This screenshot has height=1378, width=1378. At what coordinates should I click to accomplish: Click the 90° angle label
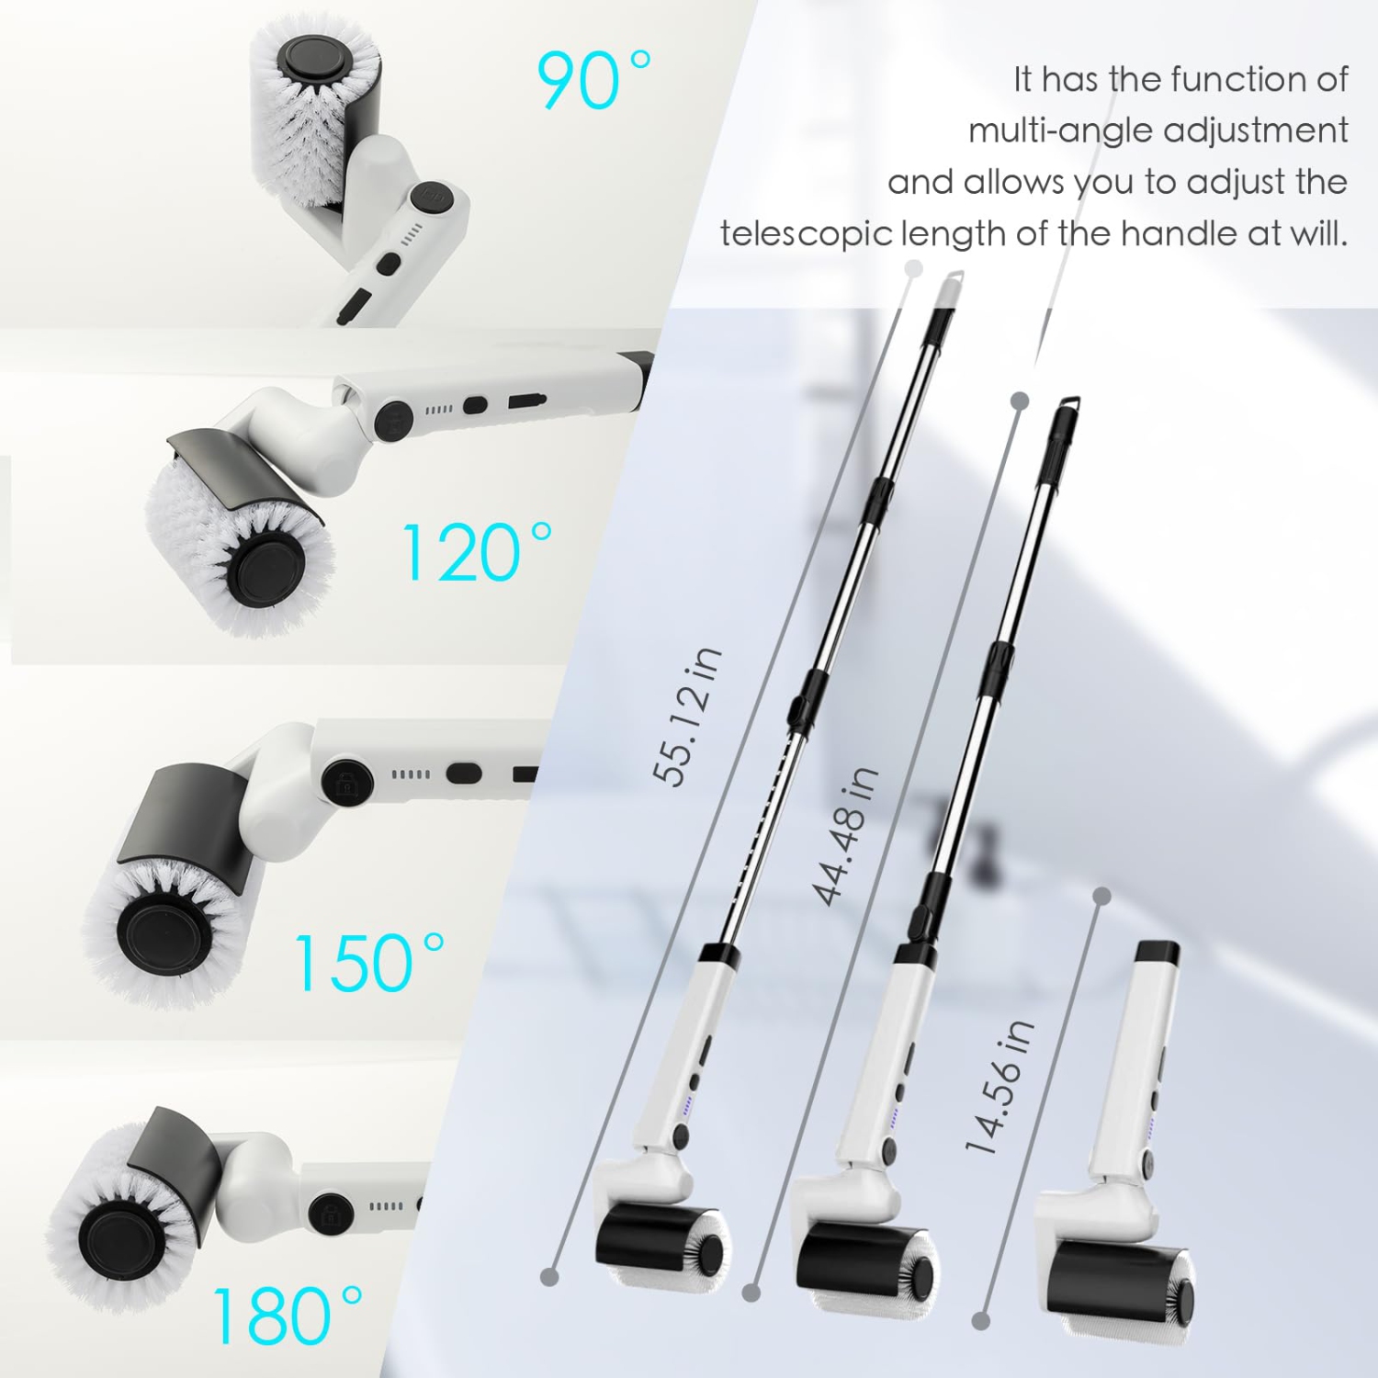(594, 80)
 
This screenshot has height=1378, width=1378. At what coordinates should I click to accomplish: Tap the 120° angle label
(478, 552)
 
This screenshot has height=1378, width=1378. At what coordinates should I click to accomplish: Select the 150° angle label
(369, 962)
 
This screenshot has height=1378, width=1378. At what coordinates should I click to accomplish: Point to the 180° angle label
(288, 1316)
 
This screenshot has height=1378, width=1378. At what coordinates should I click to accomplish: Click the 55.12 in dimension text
(688, 716)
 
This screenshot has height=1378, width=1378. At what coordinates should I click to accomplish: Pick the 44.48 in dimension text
(846, 835)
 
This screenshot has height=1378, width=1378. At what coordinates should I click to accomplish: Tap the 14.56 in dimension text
(1000, 1086)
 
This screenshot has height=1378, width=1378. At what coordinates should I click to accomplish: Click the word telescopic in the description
(806, 233)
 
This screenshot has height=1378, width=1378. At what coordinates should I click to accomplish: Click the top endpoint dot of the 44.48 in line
(1019, 401)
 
